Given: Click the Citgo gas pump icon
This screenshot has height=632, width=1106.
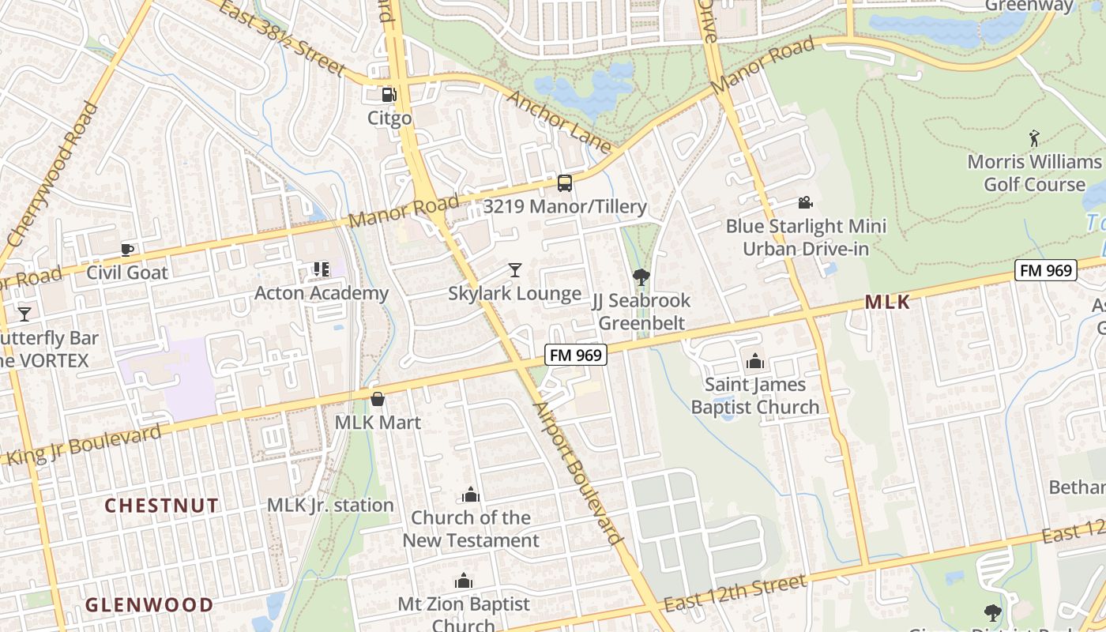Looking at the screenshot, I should [x=389, y=95].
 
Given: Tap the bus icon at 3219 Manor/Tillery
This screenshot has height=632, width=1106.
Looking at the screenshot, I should [x=565, y=183].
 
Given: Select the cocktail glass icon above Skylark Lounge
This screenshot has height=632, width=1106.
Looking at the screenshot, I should [x=515, y=270].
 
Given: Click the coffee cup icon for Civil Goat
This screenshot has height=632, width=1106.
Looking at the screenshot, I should [x=127, y=250].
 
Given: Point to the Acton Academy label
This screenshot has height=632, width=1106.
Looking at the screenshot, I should [x=322, y=293].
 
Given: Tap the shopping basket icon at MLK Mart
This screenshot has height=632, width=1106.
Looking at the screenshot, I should [x=378, y=399].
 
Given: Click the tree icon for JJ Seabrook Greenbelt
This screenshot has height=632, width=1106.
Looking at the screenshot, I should [x=641, y=277].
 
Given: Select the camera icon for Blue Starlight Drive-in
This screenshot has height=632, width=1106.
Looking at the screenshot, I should [x=806, y=203].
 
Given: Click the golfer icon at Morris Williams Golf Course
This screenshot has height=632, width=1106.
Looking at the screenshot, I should [x=1034, y=139].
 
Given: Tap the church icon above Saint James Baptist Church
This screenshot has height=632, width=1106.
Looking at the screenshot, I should [x=755, y=362].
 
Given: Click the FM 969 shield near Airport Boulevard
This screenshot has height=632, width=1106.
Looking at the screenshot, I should [x=576, y=355].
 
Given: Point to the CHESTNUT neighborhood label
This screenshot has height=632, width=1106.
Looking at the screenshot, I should [x=161, y=506].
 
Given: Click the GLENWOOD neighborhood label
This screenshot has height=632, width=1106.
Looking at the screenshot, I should [x=149, y=605].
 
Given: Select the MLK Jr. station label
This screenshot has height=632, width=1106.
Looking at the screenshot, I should [x=330, y=505].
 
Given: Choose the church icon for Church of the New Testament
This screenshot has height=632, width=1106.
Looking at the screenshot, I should [x=471, y=495].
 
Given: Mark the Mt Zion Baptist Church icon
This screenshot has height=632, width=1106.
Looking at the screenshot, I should [x=464, y=581].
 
